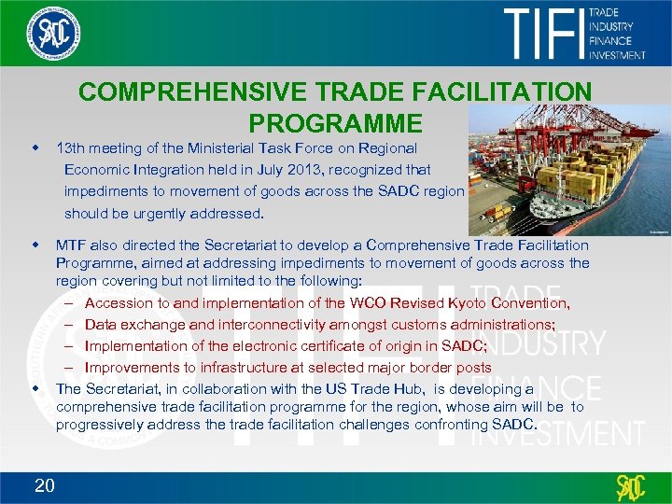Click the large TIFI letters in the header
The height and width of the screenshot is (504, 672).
[544, 35]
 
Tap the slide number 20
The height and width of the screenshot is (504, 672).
[45, 484]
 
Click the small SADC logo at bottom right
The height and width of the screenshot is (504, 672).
[630, 487]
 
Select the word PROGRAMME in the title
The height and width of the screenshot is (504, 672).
[335, 123]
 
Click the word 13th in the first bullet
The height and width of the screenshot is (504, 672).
[71, 147]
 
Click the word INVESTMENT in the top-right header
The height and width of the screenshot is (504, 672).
[617, 54]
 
